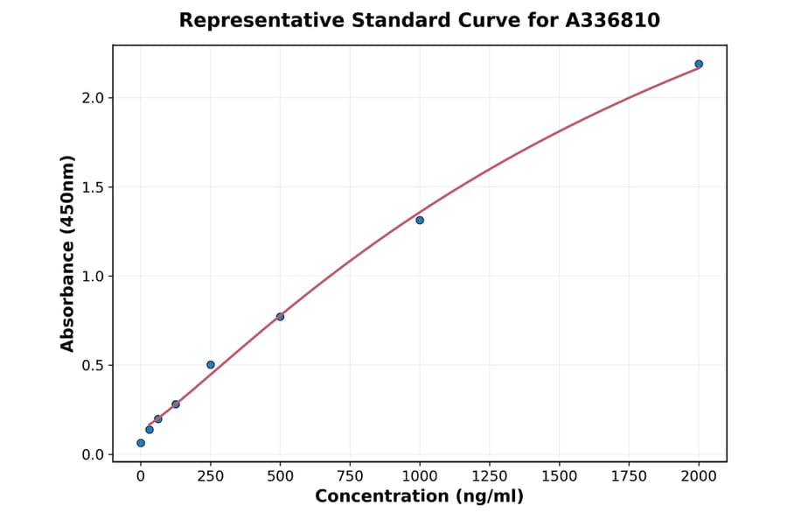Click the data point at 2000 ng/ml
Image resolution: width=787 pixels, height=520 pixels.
point(699,64)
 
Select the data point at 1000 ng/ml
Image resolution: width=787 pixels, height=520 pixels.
point(420,220)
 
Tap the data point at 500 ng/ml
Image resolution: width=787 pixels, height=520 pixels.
point(280,316)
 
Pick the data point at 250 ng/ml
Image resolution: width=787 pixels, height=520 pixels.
point(211,364)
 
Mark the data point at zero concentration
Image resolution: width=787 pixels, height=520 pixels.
point(141,443)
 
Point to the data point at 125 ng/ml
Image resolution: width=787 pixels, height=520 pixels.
point(176,404)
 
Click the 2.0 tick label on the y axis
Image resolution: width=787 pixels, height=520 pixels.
point(93,98)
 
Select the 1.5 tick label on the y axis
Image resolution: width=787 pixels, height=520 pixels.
point(93,187)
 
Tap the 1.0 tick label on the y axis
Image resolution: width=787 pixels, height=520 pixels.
point(93,277)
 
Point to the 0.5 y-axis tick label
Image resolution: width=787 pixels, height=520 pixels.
point(93,366)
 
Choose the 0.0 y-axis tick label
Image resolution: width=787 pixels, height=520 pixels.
point(93,455)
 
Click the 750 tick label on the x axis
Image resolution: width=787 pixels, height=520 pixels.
point(350,476)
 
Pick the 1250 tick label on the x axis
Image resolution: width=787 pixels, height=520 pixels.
point(490,476)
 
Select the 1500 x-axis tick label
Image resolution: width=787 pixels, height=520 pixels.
point(560,476)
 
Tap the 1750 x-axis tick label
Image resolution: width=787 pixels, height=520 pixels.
point(630,476)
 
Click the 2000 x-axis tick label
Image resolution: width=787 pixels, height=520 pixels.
point(700,476)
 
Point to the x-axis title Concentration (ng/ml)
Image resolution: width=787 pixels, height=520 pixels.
point(419,497)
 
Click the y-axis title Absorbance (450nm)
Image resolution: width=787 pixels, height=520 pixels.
point(67,253)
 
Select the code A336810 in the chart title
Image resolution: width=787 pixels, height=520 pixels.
point(613,20)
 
